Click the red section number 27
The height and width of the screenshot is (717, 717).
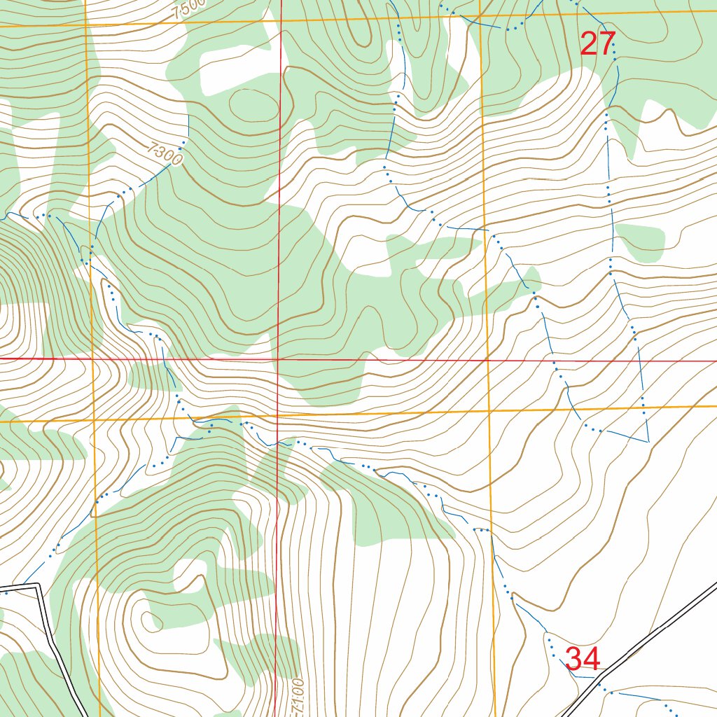pyautogui.click(x=597, y=44)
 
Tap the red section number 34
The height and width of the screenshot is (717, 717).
pyautogui.click(x=582, y=659)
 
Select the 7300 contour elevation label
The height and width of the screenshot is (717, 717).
pyautogui.click(x=166, y=154)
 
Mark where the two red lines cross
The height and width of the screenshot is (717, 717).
pyautogui.click(x=278, y=359)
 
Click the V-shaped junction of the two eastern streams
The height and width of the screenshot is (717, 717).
pyautogui.click(x=647, y=442)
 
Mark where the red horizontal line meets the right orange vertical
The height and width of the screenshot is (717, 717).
pyautogui.click(x=487, y=360)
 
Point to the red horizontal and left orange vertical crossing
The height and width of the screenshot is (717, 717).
pyautogui.click(x=92, y=358)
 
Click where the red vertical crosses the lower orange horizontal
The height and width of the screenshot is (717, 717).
pyautogui.click(x=278, y=415)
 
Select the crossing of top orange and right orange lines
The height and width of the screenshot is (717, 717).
pyautogui.click(x=480, y=15)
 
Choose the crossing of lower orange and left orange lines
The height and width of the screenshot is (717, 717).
pyautogui.click(x=94, y=421)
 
